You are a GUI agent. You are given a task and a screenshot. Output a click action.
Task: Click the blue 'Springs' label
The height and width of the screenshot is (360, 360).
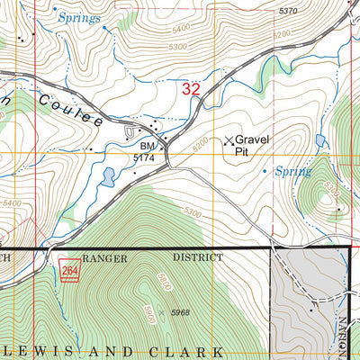[78, 17]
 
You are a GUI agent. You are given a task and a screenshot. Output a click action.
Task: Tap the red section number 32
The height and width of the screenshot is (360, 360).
[191, 88]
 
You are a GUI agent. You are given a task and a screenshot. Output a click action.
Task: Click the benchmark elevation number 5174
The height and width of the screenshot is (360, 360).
[146, 157]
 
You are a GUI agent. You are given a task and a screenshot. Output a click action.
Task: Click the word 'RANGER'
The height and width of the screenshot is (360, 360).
[106, 257]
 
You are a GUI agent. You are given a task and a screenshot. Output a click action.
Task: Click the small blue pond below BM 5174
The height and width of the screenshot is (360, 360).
[108, 176]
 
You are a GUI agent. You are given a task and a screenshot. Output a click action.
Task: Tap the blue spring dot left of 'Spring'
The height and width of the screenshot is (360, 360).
[265, 168]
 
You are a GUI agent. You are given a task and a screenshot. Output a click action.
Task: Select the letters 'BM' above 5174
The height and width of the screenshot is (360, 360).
[147, 146]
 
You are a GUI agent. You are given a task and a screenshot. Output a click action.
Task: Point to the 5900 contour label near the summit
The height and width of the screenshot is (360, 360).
[163, 281]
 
